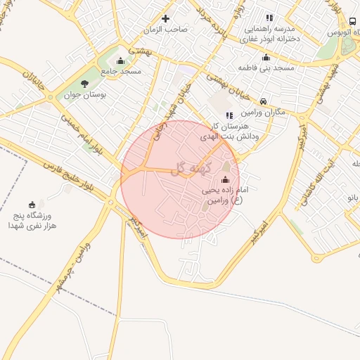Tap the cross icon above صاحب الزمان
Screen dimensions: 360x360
pyautogui.click(x=165, y=18)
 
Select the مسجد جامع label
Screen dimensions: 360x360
pyautogui.click(x=121, y=71)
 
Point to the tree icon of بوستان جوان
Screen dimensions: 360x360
pyautogui.click(x=84, y=83)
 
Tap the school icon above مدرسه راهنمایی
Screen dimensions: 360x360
pyautogui.click(x=269, y=18)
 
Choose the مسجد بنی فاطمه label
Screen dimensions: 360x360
pyautogui.click(x=266, y=68)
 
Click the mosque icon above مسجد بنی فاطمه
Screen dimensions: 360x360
pyautogui.click(x=266, y=58)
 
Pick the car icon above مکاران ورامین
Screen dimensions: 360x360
pyautogui.click(x=263, y=101)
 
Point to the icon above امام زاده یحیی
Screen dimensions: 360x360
pyautogui.click(x=225, y=179)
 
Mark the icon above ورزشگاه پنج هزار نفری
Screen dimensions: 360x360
pyautogui.click(x=32, y=204)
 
